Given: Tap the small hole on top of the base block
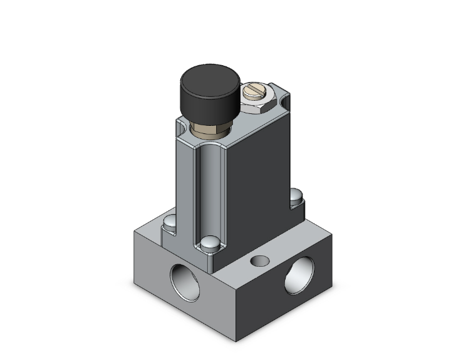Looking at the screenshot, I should point(258,259).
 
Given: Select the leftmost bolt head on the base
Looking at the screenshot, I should point(169,222).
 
